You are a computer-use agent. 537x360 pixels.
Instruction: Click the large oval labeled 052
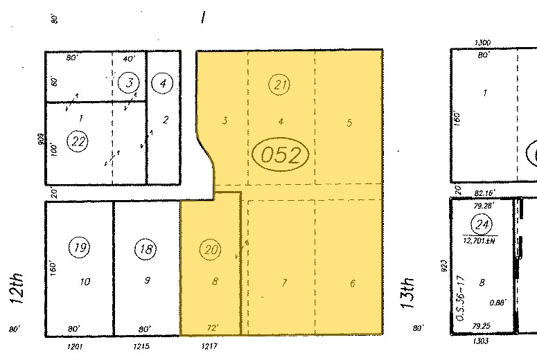click(280, 154)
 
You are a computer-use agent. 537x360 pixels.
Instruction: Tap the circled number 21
click(280, 85)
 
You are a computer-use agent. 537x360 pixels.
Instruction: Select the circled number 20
click(209, 249)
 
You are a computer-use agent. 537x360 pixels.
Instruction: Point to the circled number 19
click(79, 247)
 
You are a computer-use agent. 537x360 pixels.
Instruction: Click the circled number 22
click(78, 141)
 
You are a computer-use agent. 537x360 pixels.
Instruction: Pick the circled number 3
click(129, 84)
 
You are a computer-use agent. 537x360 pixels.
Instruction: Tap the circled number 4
click(163, 84)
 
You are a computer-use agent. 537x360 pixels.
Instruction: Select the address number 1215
click(141, 345)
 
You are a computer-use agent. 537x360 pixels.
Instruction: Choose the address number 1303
click(479, 341)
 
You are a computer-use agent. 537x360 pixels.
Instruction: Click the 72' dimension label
click(213, 327)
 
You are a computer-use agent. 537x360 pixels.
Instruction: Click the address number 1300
click(483, 43)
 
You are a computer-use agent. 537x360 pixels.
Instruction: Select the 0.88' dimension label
click(497, 302)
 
